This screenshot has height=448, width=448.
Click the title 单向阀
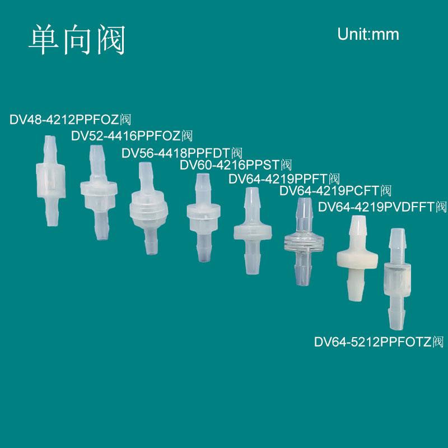[77, 40]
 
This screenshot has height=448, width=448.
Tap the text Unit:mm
[368, 34]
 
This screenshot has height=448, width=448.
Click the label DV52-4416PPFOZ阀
[132, 136]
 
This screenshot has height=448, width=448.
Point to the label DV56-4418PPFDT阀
[182, 152]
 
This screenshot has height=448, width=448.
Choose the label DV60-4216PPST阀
[236, 165]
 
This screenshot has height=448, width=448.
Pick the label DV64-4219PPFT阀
[284, 179]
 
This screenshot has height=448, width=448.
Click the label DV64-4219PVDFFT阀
[382, 208]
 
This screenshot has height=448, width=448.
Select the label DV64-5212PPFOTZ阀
[379, 342]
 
